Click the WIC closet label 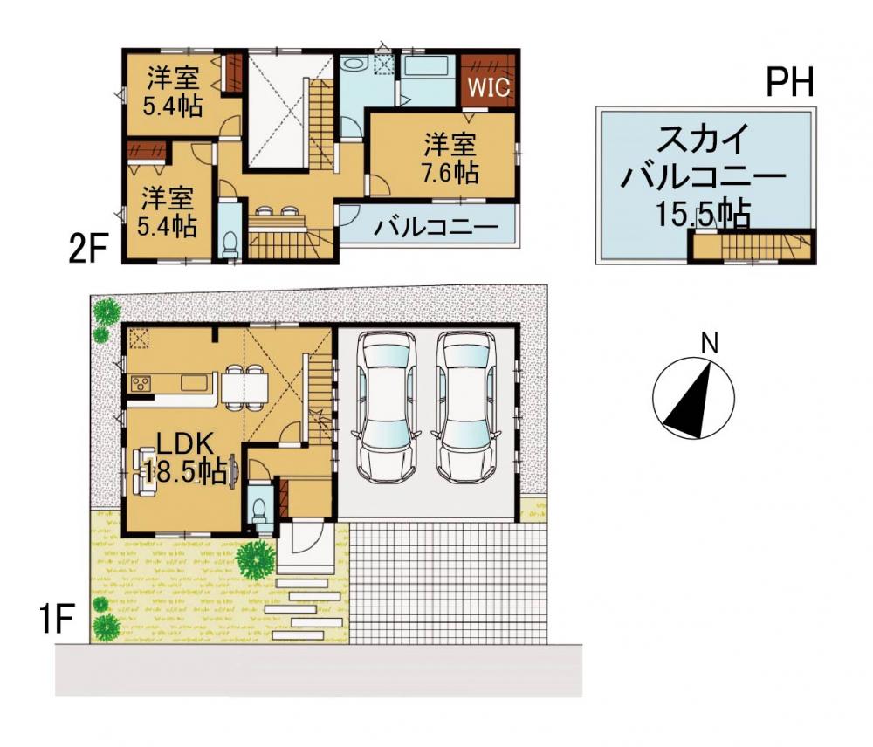pyautogui.click(x=488, y=87)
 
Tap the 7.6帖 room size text pyautogui.click(x=450, y=172)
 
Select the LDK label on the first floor pyautogui.click(x=185, y=445)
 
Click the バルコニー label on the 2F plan pyautogui.click(x=436, y=228)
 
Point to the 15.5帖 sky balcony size pyautogui.click(x=703, y=214)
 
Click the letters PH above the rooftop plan pyautogui.click(x=790, y=81)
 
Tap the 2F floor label pyautogui.click(x=87, y=249)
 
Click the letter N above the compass pyautogui.click(x=709, y=344)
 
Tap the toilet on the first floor pyautogui.click(x=259, y=510)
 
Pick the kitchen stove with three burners pyautogui.click(x=141, y=383)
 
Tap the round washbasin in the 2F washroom pyautogui.click(x=353, y=64)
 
